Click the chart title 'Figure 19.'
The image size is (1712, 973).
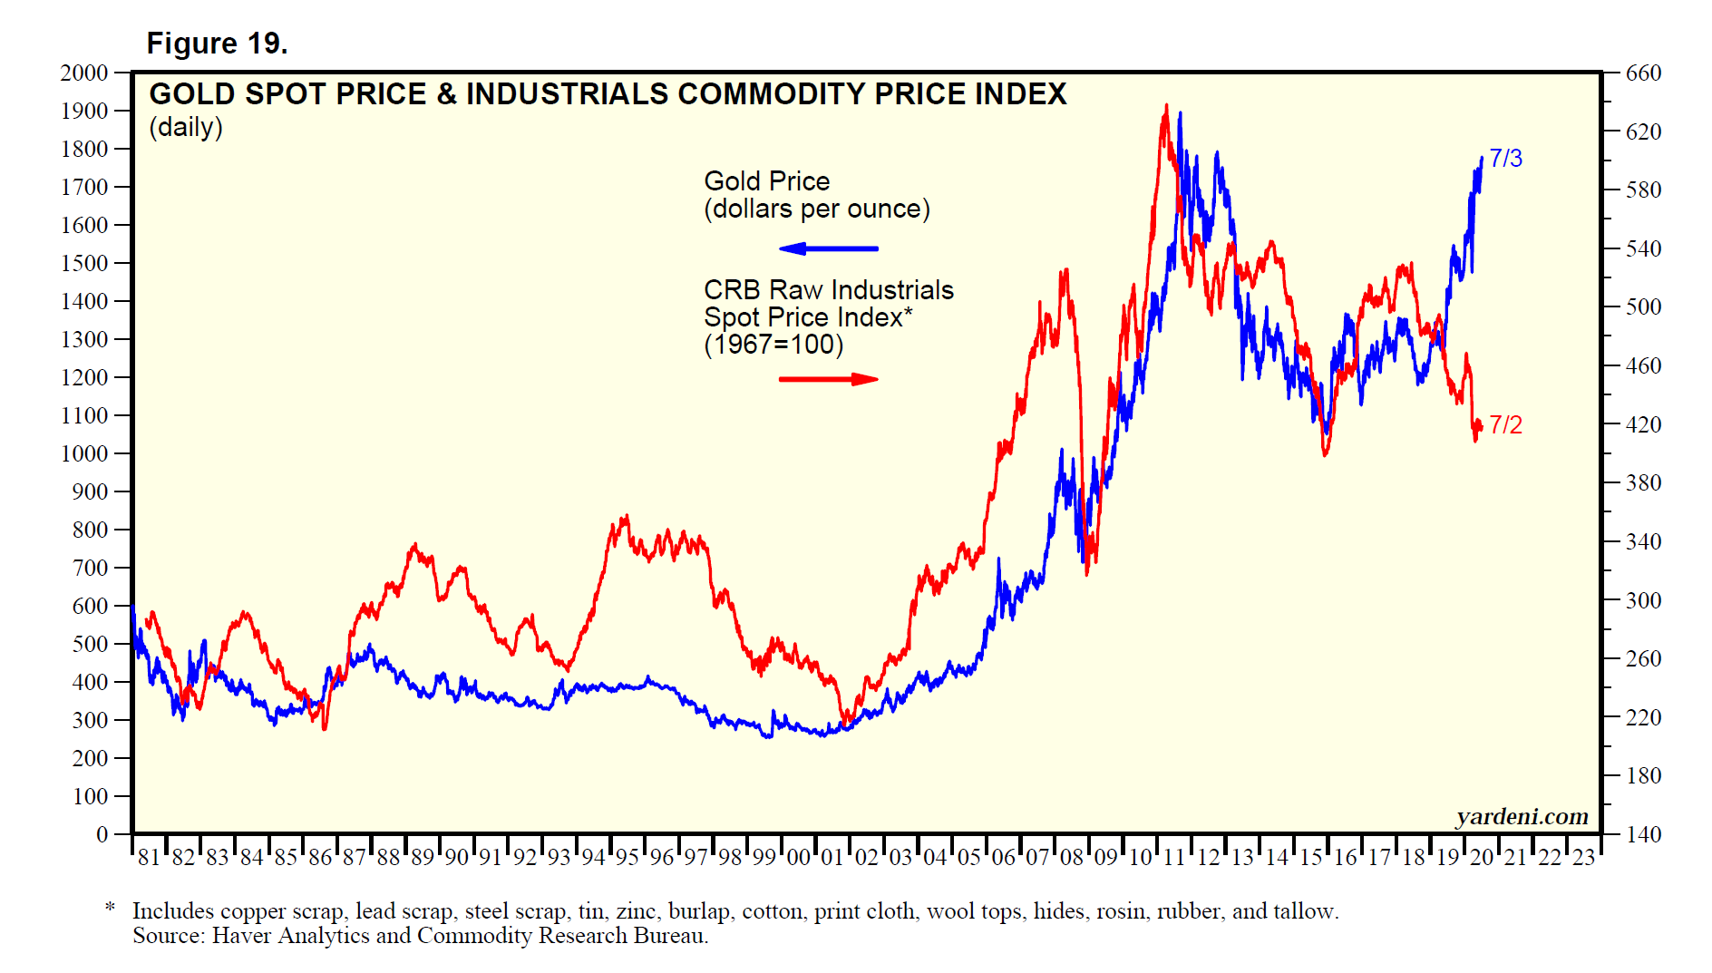217,43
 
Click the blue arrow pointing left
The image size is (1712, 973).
828,248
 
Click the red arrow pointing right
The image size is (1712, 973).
828,379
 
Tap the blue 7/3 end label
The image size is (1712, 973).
1505,159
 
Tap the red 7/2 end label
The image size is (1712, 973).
1505,424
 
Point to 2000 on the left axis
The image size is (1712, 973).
84,73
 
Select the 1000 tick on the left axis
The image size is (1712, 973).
84,453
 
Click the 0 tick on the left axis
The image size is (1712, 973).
102,834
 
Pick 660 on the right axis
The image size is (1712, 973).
1643,73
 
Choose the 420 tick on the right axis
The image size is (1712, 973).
1643,424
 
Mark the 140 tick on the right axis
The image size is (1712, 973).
1643,834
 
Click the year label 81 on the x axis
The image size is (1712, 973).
149,858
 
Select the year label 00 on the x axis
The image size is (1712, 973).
798,858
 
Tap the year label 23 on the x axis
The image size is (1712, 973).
1583,858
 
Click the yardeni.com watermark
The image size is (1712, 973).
1522,817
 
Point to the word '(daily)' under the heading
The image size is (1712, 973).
186,127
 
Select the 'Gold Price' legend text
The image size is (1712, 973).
766,181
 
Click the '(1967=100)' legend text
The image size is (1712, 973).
773,345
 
